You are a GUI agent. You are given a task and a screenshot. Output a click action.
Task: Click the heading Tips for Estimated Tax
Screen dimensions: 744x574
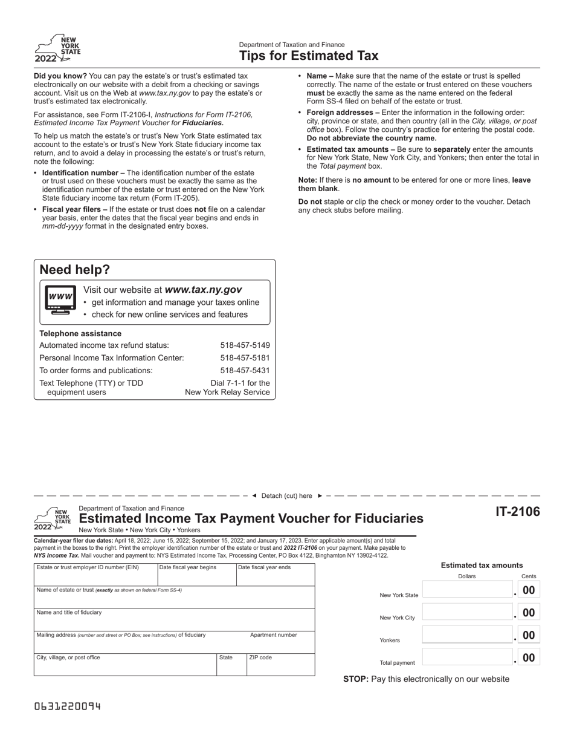click(309, 56)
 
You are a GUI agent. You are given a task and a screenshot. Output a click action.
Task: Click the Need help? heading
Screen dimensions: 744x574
click(75, 270)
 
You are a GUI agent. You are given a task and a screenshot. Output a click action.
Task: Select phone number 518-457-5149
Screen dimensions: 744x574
click(245, 345)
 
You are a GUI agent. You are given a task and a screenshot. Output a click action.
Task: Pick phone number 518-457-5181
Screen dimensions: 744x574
click(245, 358)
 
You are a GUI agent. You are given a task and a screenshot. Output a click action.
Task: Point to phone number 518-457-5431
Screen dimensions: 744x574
click(245, 371)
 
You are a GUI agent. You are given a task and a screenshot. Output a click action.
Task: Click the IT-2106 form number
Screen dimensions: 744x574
click(518, 512)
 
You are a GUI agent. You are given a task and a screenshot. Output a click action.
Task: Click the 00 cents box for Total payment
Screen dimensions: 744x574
click(529, 658)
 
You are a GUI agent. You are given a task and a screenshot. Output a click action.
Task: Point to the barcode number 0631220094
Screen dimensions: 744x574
click(68, 706)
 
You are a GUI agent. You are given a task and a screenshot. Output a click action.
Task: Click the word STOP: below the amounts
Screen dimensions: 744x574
click(356, 679)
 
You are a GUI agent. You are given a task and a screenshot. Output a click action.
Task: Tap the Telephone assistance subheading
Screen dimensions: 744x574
click(80, 334)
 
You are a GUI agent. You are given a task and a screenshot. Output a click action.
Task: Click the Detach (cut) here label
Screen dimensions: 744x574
click(287, 496)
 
